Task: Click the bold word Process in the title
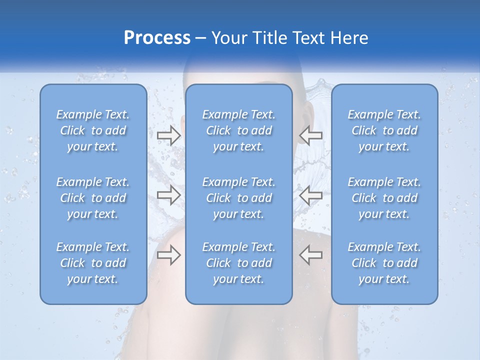(157, 38)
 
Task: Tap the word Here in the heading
(349, 38)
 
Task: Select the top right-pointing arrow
(169, 135)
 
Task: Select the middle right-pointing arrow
(169, 195)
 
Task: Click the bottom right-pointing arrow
(169, 255)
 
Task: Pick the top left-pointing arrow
(311, 135)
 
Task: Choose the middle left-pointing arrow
(311, 195)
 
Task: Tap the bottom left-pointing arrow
(311, 255)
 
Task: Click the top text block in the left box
(93, 130)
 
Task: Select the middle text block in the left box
(93, 198)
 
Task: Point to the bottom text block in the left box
(93, 263)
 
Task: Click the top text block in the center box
(239, 130)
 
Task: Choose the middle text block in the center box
(239, 198)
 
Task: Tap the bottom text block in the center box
(239, 263)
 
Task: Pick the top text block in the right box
(384, 130)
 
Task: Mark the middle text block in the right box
(384, 198)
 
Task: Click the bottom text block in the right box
(384, 263)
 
